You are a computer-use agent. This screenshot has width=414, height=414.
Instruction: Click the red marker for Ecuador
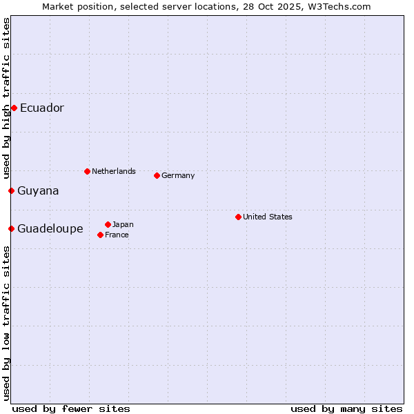pos(14,108)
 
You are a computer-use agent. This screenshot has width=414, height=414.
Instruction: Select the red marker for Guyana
pos(11,190)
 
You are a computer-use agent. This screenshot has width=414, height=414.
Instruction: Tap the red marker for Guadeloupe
pos(11,228)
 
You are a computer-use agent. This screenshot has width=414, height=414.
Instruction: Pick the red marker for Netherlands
pos(87,171)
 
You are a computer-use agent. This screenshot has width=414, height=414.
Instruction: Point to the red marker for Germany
pos(157,175)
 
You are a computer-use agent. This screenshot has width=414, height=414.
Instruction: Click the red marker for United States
pos(238,217)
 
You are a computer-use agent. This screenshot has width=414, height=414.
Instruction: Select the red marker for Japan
pos(108,224)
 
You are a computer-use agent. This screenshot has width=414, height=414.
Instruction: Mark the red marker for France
pos(101,235)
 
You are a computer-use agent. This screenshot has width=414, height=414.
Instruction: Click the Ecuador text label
pos(42,108)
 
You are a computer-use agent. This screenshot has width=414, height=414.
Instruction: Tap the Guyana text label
pos(39,190)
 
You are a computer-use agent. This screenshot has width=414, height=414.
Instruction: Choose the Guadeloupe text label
pos(50,228)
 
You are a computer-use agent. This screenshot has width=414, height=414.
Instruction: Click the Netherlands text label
pos(114,171)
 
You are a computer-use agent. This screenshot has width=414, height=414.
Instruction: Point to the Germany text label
pos(178,175)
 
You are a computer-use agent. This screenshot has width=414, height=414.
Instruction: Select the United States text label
pos(268,217)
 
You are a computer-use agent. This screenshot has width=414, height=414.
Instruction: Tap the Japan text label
pos(123,224)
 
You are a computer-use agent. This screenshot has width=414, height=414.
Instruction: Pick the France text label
pos(117,235)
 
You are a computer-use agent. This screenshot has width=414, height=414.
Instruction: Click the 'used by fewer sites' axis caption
pos(71,408)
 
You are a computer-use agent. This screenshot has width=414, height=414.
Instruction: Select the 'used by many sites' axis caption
pos(346,408)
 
